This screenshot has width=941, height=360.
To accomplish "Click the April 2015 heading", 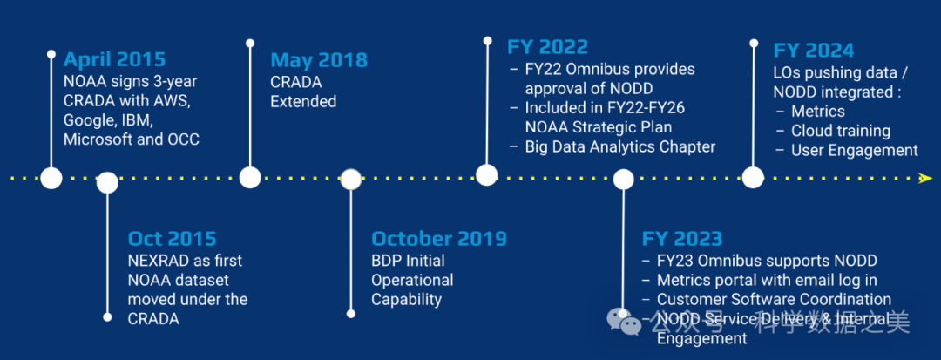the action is point(115,60).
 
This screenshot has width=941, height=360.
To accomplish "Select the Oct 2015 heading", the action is point(173,239).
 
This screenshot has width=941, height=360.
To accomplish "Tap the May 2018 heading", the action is point(319,60).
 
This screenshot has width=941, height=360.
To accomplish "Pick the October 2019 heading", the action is point(439,239).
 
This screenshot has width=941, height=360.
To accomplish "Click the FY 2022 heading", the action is point(548,47).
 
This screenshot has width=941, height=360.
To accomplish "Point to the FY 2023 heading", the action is point(682,239).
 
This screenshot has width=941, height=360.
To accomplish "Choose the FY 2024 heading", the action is point(814,50).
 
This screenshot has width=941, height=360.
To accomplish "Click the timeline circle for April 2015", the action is point(51,178).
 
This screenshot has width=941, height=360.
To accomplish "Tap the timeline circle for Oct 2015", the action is point(107,182).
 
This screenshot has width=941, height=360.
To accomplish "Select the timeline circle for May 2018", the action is point(250,178).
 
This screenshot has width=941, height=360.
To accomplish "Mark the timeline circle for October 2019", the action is point(351,180).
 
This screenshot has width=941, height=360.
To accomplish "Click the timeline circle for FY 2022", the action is point(487,174).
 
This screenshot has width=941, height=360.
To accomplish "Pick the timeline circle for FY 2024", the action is point(753,178).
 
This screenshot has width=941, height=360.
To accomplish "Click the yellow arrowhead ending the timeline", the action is point(926,178).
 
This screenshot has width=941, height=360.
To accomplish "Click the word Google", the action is point(88,119).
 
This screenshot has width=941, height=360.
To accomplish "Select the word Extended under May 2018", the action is point(303,101).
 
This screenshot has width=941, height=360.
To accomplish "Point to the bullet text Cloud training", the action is point(841,131).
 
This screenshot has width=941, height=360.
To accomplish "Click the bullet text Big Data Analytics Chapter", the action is point(620,147).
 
